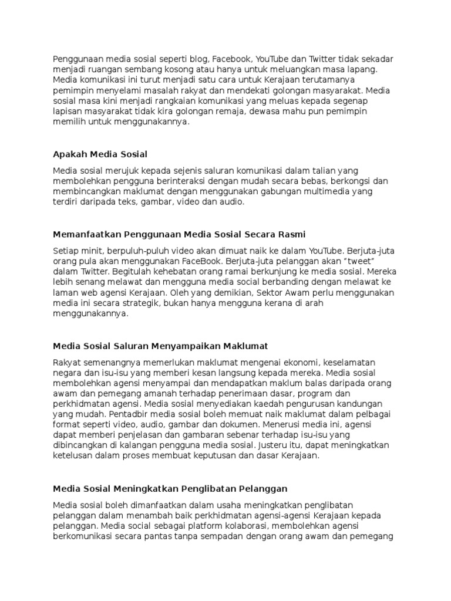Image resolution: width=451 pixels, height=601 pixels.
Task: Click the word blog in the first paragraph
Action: point(197,59)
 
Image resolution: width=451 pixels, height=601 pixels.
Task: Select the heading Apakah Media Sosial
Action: point(100,154)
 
